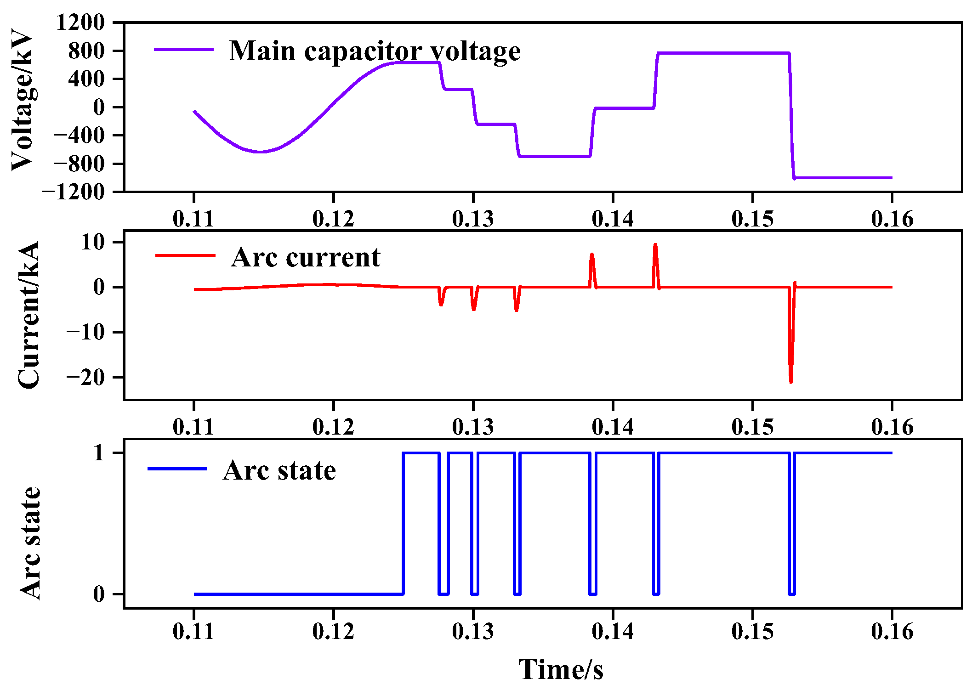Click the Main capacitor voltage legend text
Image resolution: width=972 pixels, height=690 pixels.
[x=375, y=51]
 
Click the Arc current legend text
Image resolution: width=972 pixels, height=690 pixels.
[x=306, y=257]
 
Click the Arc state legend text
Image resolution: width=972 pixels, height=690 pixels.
[x=279, y=470]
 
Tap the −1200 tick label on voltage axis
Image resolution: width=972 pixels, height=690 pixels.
[x=74, y=192]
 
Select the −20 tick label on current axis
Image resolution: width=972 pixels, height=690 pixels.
[x=85, y=377]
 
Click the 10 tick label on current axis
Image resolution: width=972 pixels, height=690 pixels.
[x=93, y=242]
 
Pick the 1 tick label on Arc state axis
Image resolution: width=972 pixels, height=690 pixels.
[x=99, y=453]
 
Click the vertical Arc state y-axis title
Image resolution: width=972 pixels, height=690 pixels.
[x=30, y=543]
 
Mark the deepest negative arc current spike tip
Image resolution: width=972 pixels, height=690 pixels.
[x=791, y=382]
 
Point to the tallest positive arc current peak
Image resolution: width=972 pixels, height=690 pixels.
[x=655, y=245]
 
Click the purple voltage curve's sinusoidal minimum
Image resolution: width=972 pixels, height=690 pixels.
[x=261, y=152]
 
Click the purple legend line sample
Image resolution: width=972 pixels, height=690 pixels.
[x=184, y=50]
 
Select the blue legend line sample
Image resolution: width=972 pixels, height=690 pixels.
[x=177, y=469]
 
